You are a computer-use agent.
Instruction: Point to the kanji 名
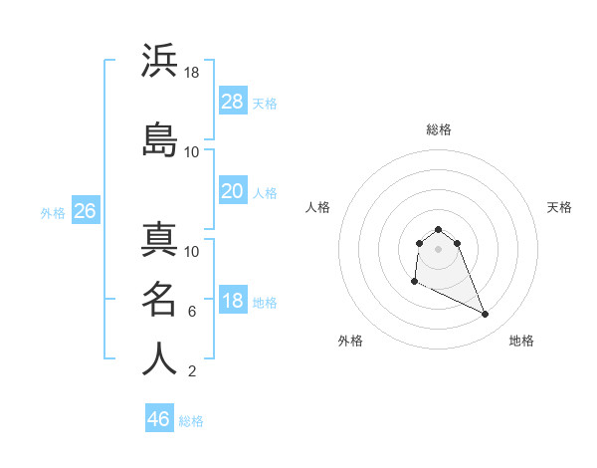click(159, 298)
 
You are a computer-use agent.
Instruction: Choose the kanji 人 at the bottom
click(159, 358)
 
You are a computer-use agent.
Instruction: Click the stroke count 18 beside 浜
click(193, 73)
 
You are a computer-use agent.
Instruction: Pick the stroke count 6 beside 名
click(192, 312)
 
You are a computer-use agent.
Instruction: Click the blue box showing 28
click(233, 102)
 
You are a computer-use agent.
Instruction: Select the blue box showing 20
click(233, 191)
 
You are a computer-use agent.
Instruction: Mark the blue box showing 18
click(233, 301)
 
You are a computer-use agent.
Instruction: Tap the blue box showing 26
click(85, 211)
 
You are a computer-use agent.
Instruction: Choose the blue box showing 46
click(159, 419)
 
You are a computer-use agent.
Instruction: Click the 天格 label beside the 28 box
click(265, 104)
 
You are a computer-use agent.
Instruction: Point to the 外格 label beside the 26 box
click(53, 213)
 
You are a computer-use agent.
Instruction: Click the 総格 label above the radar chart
click(439, 129)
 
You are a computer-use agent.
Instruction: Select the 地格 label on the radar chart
click(521, 341)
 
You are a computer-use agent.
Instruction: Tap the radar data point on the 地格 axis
click(486, 315)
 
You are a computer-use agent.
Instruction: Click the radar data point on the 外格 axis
click(414, 283)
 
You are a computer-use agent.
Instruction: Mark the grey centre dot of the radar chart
click(439, 248)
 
